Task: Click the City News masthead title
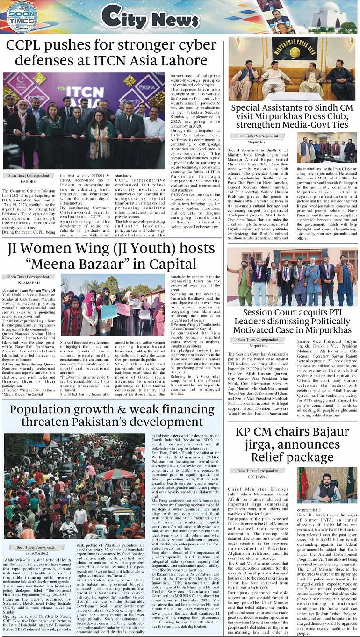tap(150, 18)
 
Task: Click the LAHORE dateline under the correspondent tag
tap(28, 181)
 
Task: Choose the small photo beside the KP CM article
tap(327, 485)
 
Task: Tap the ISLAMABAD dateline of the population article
tap(37, 553)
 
